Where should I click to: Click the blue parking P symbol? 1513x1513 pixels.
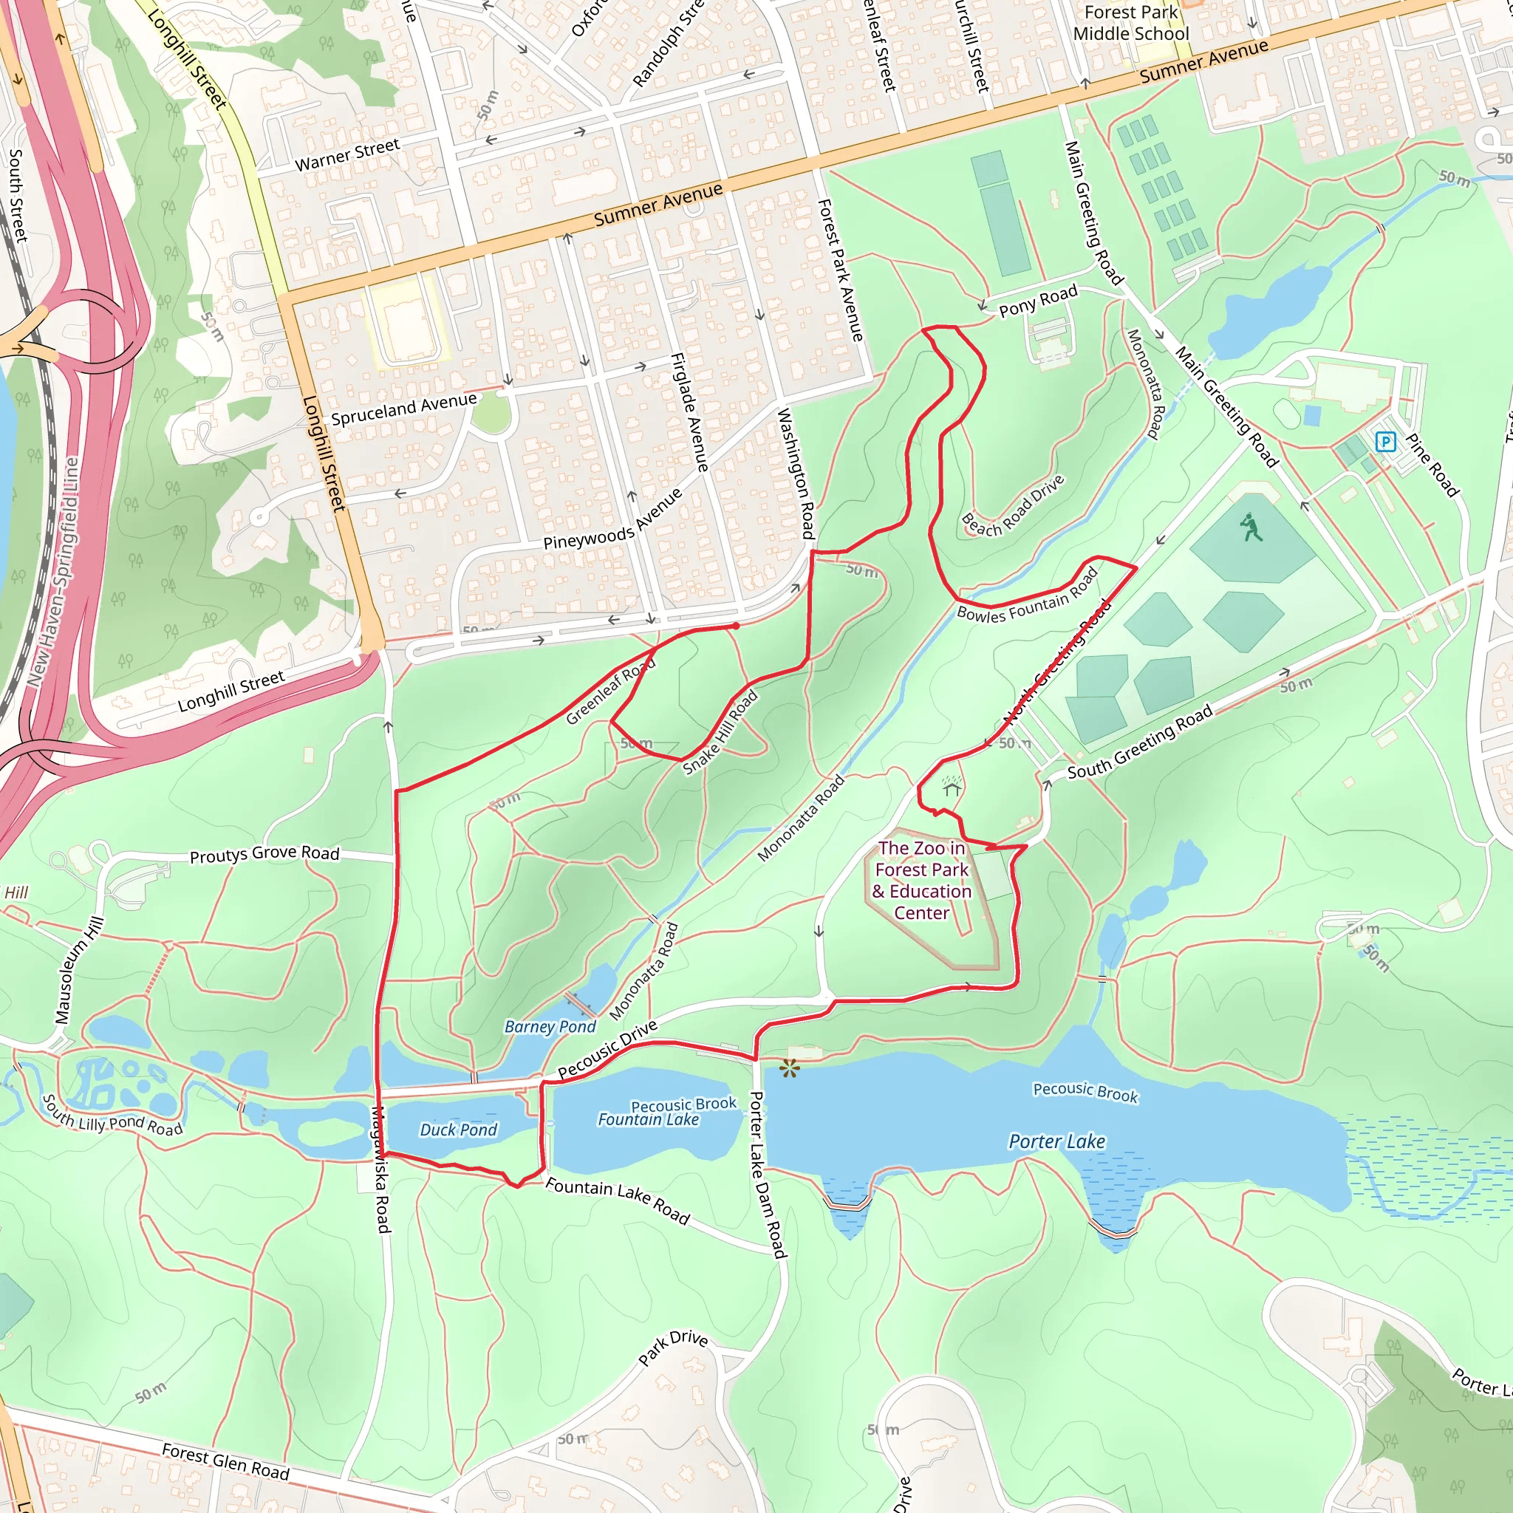point(1385,442)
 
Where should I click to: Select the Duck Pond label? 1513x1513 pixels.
point(458,1130)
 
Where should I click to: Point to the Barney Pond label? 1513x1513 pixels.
point(550,1027)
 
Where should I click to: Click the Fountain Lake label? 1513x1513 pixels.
point(648,1120)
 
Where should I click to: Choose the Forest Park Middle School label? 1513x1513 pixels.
point(1131,23)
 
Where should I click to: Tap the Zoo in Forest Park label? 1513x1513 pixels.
point(922,880)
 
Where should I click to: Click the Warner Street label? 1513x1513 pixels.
point(347,154)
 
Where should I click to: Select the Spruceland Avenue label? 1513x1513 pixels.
point(403,409)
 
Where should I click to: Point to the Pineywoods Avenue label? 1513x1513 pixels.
point(613,519)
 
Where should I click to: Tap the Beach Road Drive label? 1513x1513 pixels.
point(1013,506)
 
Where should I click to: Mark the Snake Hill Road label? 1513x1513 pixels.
point(720,732)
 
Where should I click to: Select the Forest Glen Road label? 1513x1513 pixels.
point(225,1462)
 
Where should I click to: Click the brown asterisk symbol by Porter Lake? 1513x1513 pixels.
point(790,1068)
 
